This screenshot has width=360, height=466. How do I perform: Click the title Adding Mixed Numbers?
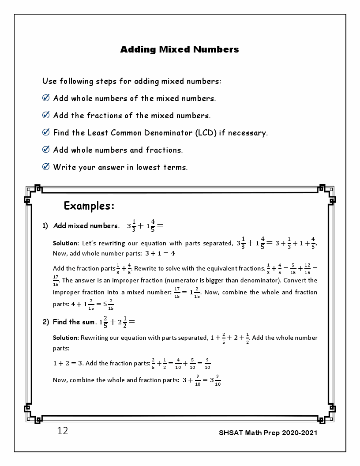click(180, 49)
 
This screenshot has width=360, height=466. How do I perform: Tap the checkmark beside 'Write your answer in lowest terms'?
click(45, 166)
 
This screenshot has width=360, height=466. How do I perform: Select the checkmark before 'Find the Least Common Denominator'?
click(45, 132)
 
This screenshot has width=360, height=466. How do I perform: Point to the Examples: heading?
click(89, 206)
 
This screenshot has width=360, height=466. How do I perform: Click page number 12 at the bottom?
click(63, 431)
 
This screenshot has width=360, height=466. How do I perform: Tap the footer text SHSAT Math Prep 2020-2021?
click(268, 432)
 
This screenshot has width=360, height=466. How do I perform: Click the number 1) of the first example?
click(45, 226)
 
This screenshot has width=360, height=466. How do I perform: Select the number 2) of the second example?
click(45, 322)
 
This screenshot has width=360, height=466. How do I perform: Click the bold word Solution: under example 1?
click(66, 243)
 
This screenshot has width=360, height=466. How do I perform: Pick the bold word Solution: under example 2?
click(66, 338)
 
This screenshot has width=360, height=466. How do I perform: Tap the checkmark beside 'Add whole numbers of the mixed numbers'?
click(45, 98)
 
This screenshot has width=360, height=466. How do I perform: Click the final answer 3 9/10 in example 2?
click(215, 380)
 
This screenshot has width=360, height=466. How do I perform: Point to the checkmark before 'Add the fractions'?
click(45, 115)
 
